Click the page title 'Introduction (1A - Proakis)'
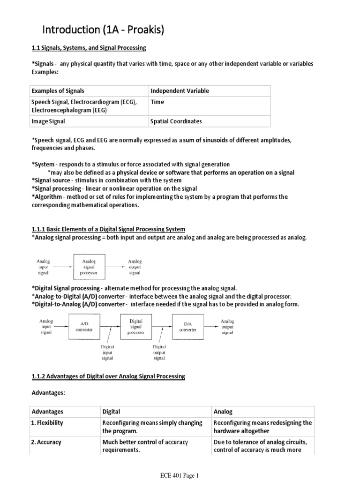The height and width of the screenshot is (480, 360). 103,30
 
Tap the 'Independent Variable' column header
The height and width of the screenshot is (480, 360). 180,91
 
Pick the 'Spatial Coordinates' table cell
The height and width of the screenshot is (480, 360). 176,121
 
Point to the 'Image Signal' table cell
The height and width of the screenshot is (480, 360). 48,121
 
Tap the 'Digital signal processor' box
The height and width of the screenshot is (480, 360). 136,326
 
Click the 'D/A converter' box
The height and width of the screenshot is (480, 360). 188,326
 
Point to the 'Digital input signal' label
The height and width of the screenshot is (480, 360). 108,352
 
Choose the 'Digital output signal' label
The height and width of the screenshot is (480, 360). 160,352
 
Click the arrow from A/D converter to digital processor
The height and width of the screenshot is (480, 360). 109,326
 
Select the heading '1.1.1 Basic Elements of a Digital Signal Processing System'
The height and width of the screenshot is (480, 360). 108,229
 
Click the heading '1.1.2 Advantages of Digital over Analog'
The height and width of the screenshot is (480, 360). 108,376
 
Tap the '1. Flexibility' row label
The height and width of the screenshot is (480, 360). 47,423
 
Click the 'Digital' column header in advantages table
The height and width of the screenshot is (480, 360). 112,412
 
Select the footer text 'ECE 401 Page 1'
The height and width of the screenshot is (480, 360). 180,475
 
